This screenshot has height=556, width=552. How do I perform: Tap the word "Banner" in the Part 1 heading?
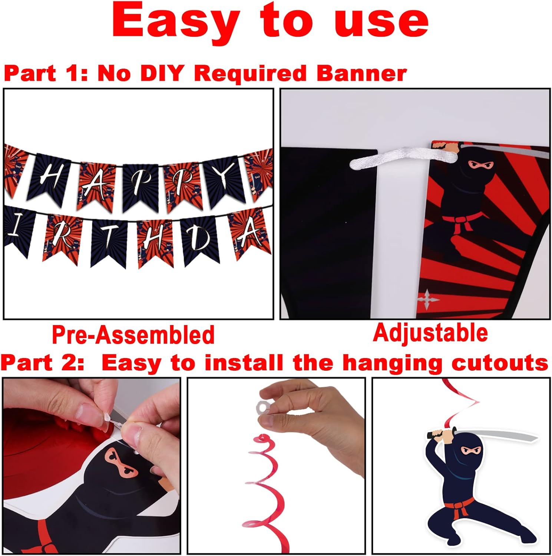click(x=361, y=73)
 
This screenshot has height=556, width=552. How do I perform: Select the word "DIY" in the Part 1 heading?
click(x=162, y=73)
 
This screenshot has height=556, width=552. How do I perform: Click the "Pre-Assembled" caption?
click(x=133, y=335)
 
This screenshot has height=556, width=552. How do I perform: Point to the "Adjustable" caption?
click(x=430, y=332)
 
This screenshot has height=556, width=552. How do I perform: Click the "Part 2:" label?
click(x=42, y=363)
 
